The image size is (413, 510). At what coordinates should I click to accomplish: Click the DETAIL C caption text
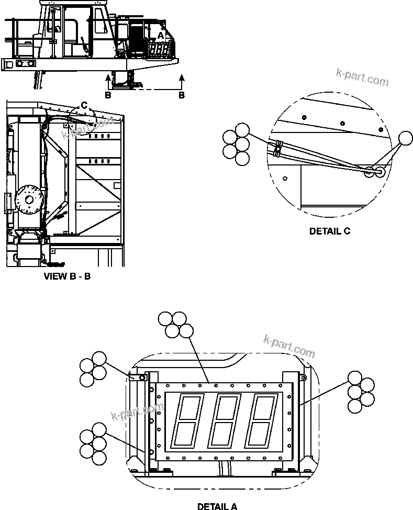point(329,231)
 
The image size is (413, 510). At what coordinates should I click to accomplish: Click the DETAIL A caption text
point(217,506)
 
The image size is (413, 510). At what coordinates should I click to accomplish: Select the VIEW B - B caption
point(66,276)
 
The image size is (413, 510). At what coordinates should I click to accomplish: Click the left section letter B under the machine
point(108,95)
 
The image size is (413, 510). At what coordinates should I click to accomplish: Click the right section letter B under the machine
point(182,95)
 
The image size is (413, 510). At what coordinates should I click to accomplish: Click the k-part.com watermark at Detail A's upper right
point(289,346)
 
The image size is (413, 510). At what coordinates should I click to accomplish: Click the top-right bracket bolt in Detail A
point(302,377)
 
